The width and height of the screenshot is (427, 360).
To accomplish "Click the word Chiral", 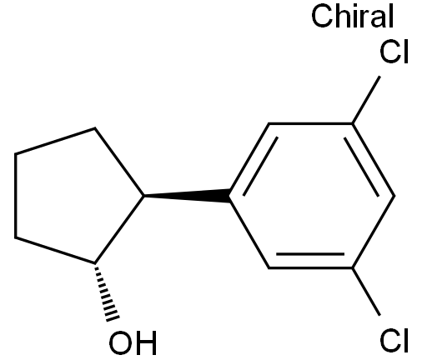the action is click(x=353, y=17).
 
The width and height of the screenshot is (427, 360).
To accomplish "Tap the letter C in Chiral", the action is click(x=322, y=17).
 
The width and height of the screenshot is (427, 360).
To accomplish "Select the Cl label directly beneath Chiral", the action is click(x=394, y=52).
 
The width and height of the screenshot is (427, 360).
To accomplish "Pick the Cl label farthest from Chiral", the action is click(x=394, y=340).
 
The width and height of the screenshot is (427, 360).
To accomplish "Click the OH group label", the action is click(x=133, y=342).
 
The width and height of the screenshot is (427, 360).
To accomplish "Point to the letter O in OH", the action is click(x=120, y=342).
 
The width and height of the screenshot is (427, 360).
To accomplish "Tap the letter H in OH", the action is click(x=147, y=342).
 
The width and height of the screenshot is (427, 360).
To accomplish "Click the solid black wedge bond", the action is click(x=187, y=196).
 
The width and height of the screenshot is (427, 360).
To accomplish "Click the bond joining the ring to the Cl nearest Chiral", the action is click(x=366, y=100).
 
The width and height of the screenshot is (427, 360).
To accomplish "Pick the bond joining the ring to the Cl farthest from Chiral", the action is click(x=366, y=292).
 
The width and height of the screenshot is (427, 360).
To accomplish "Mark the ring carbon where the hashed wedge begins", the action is click(x=94, y=262).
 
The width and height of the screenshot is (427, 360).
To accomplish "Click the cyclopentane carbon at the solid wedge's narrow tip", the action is click(x=144, y=196).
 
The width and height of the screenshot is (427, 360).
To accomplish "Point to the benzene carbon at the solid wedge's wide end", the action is click(x=229, y=196).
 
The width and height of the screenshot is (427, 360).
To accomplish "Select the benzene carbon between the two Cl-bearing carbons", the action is click(x=394, y=196).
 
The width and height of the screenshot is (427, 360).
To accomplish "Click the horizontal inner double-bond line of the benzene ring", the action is click(x=310, y=254).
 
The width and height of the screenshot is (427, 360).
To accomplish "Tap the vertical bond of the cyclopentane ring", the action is click(x=16, y=196).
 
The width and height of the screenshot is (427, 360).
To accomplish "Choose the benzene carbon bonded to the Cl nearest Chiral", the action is click(x=352, y=123).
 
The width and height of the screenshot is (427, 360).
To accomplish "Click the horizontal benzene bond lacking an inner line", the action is click(x=310, y=123).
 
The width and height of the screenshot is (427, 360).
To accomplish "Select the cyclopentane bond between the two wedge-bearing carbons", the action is click(x=119, y=229).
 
